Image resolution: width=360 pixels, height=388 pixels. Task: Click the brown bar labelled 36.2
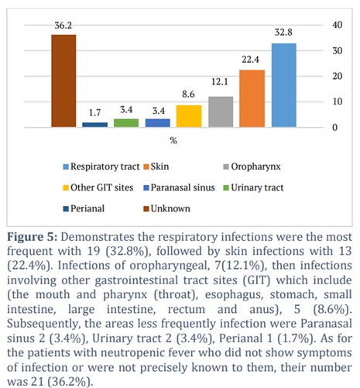(63, 81)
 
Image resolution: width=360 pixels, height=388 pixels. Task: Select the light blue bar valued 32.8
(283, 85)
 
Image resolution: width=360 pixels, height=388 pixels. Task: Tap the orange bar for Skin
(252, 98)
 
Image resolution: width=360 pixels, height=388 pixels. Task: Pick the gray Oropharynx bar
(221, 112)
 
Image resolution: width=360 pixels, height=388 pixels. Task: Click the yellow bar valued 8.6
(189, 116)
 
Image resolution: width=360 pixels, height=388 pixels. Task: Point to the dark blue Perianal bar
(94, 125)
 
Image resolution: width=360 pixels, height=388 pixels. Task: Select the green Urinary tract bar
(126, 123)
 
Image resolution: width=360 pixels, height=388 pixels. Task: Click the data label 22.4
(250, 60)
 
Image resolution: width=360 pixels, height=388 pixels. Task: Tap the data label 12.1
(220, 82)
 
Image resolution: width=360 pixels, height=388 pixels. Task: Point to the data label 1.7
(94, 112)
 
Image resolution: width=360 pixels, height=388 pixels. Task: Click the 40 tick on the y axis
(338, 25)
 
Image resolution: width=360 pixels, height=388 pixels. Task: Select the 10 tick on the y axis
(338, 101)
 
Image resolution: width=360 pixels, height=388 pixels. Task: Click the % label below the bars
(173, 140)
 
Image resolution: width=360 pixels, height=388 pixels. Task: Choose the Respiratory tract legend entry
(101, 167)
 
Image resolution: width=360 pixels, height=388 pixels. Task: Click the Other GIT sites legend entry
(98, 187)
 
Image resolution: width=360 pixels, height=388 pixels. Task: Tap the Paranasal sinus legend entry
(179, 187)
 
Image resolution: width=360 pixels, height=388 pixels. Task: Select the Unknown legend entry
(166, 208)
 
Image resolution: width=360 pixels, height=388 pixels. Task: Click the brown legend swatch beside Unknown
(146, 208)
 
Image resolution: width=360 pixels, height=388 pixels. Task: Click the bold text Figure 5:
(32, 237)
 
